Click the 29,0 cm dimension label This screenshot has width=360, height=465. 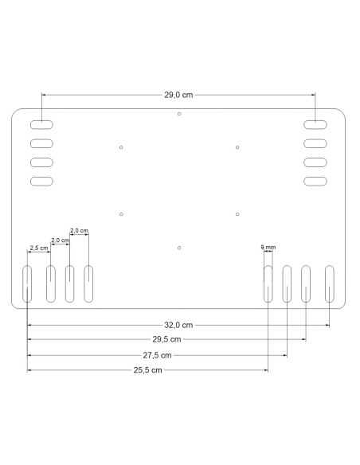(178, 95)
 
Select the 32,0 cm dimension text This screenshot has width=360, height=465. (178, 325)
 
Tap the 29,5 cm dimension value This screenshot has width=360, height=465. (166, 339)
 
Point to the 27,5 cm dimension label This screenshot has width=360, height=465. (157, 355)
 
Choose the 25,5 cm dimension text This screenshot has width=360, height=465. (147, 370)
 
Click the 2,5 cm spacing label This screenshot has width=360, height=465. (39, 248)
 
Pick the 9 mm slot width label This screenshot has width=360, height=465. (268, 247)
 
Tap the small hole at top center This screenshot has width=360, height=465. (179, 114)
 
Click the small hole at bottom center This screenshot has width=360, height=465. (179, 248)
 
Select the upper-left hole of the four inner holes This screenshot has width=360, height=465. (121, 147)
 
